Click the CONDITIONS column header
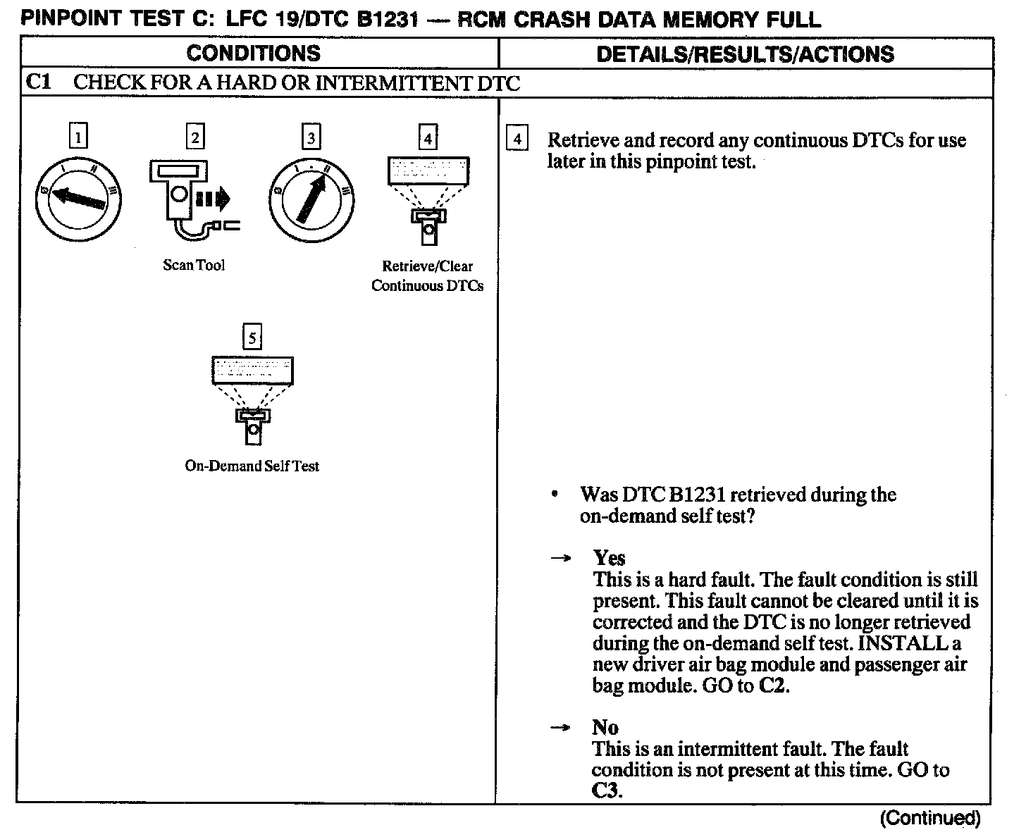pyautogui.click(x=253, y=54)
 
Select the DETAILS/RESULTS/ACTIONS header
pyautogui.click(x=745, y=54)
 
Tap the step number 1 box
pyautogui.click(x=80, y=136)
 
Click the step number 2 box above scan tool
pyautogui.click(x=195, y=136)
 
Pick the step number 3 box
pyautogui.click(x=311, y=136)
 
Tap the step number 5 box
pyautogui.click(x=252, y=337)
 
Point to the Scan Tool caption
pyautogui.click(x=194, y=265)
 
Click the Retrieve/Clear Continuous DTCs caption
pyautogui.click(x=427, y=276)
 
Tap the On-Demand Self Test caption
pyautogui.click(x=252, y=466)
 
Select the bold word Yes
pyautogui.click(x=609, y=558)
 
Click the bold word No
pyautogui.click(x=605, y=727)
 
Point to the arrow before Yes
pyautogui.click(x=560, y=558)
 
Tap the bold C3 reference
pyautogui.click(x=606, y=790)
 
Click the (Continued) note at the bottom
pyautogui.click(x=929, y=818)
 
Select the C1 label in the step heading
pyautogui.click(x=39, y=82)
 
